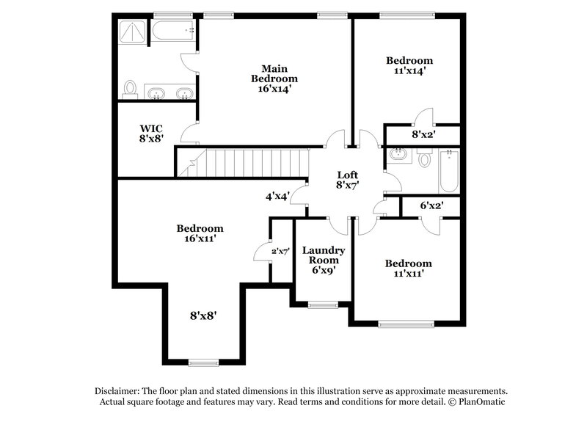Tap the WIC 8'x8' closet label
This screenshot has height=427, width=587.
click(x=151, y=132)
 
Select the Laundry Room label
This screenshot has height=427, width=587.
click(x=324, y=260)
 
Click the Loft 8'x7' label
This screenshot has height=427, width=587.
click(x=347, y=180)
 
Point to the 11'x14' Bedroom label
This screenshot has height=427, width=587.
click(x=409, y=66)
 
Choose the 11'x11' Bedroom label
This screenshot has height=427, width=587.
click(x=408, y=268)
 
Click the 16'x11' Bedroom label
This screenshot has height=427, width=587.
click(x=200, y=233)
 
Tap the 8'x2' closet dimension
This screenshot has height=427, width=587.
click(x=423, y=134)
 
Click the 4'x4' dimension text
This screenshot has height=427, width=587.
click(x=277, y=196)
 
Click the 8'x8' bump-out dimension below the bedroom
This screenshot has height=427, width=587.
click(x=203, y=315)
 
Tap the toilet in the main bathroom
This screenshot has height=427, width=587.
click(x=131, y=89)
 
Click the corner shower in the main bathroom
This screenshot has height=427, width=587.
click(x=132, y=33)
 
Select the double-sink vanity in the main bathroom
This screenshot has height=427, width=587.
click(x=169, y=92)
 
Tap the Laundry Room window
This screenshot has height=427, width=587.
click(x=323, y=304)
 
